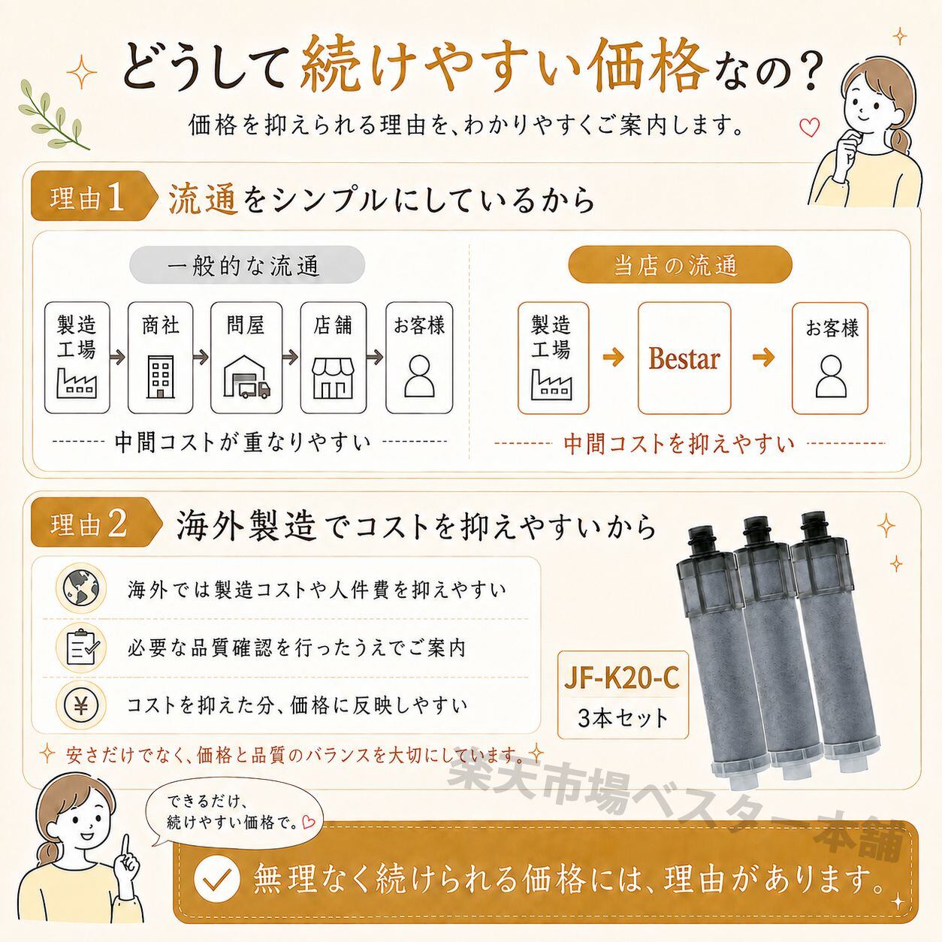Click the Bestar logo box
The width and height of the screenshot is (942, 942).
pyautogui.click(x=684, y=358)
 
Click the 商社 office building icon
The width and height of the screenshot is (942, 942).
pyautogui.click(x=160, y=376)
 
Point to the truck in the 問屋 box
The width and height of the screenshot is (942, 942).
pyautogui.click(x=254, y=388)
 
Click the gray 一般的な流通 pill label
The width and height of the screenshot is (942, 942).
pyautogui.click(x=247, y=265)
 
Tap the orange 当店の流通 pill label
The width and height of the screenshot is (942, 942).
pyautogui.click(x=680, y=265)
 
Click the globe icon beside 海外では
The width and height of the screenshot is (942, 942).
pyautogui.click(x=80, y=588)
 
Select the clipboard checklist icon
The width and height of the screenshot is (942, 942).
pyautogui.click(x=81, y=647)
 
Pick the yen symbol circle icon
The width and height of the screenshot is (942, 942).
pyautogui.click(x=81, y=705)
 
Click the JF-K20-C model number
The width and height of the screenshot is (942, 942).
pyautogui.click(x=622, y=678)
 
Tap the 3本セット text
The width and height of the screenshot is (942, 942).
pyautogui.click(x=622, y=718)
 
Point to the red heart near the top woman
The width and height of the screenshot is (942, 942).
pyautogui.click(x=809, y=128)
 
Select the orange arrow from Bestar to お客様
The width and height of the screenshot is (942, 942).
pyautogui.click(x=763, y=357)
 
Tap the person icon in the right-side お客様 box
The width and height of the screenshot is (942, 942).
pyautogui.click(x=831, y=376)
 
